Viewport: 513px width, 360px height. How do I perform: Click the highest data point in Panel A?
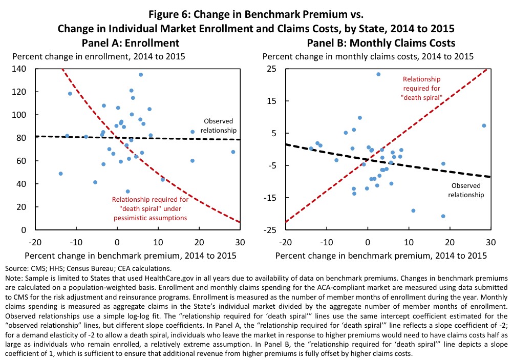point(141,75)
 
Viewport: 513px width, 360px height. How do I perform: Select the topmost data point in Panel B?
point(378,74)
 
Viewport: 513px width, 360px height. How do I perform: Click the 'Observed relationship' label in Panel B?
point(466,190)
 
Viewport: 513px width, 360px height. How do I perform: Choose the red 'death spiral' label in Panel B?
point(422,88)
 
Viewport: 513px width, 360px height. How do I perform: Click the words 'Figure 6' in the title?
point(175,9)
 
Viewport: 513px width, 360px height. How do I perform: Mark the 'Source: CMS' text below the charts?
point(24,268)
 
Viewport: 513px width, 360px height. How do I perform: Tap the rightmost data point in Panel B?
point(484,125)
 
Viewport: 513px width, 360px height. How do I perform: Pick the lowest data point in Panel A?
point(127,192)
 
